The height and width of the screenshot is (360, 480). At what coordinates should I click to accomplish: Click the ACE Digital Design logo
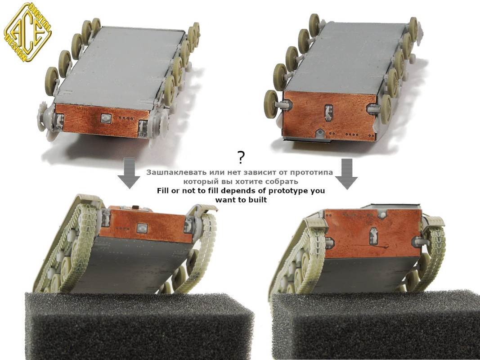[x=27, y=32]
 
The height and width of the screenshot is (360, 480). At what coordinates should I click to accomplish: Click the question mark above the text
[x=241, y=157]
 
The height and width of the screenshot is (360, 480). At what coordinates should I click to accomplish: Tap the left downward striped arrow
[x=129, y=173]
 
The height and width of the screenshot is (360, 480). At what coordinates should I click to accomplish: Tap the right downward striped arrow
[x=346, y=174]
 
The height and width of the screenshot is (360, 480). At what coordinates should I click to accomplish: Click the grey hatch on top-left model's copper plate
[x=106, y=118]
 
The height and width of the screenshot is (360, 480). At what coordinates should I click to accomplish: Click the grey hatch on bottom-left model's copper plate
[x=142, y=228]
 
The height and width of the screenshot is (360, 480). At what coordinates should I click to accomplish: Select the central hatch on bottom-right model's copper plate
[x=373, y=236]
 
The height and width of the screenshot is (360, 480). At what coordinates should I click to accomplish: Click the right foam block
[x=376, y=325]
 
